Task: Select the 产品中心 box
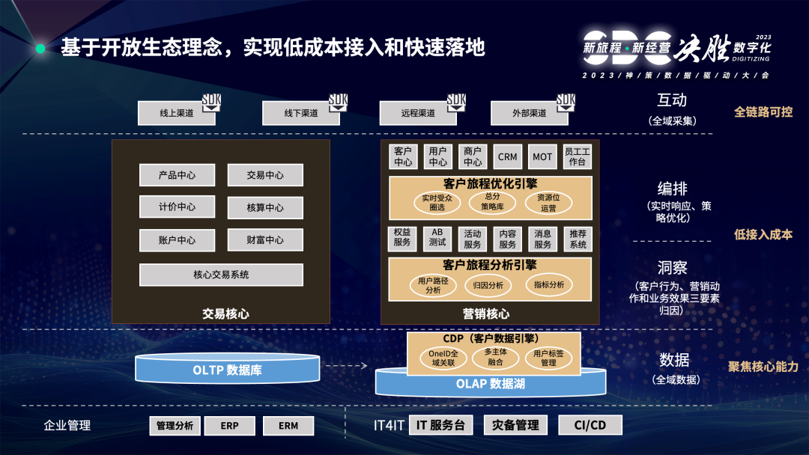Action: click(177, 175)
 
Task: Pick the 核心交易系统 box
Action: click(221, 275)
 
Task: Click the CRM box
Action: click(507, 157)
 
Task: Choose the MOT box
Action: click(542, 157)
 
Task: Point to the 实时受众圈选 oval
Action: click(437, 202)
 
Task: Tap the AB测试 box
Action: click(437, 238)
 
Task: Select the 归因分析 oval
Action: click(488, 285)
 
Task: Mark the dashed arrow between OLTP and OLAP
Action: click(346, 366)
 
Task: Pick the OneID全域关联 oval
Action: click(443, 357)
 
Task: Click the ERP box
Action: click(229, 426)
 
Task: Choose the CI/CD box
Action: click(590, 425)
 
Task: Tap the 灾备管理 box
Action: click(515, 425)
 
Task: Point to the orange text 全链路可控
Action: click(763, 112)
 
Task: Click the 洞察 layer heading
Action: click(672, 267)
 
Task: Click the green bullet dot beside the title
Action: click(40, 49)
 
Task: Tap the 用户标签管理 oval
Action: click(548, 357)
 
